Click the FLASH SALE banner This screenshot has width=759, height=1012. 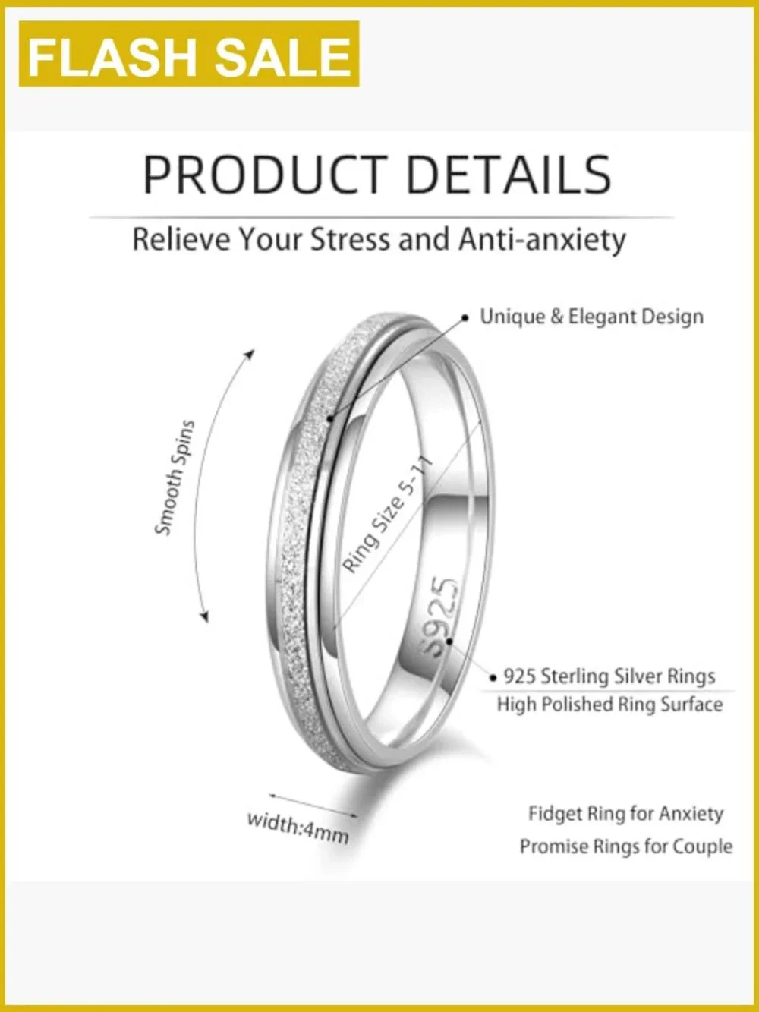(x=189, y=54)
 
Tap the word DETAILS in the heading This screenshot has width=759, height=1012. (x=509, y=175)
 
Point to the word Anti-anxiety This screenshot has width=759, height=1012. (x=543, y=240)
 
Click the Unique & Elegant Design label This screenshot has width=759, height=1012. (x=592, y=317)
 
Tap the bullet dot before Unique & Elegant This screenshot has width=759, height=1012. (x=465, y=317)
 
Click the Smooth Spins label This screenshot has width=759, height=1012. (x=175, y=478)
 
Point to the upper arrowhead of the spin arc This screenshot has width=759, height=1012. (x=250, y=354)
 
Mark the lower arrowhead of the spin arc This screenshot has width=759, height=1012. (x=204, y=616)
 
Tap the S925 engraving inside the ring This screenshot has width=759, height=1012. (x=440, y=617)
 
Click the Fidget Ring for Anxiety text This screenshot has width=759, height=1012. (x=625, y=814)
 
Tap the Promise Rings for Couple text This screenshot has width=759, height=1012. (x=626, y=846)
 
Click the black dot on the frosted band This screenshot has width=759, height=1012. (x=329, y=418)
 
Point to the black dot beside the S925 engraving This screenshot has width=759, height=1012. (x=449, y=641)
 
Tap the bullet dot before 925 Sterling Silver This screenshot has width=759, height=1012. (x=493, y=678)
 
